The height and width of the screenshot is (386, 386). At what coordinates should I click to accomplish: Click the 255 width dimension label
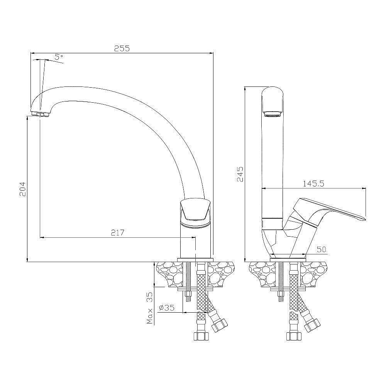tap(122, 48)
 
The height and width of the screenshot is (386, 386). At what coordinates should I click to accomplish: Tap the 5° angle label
tap(59, 57)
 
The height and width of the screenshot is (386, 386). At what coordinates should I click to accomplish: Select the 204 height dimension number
tap(22, 189)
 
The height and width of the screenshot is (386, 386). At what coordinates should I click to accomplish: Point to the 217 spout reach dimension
tap(117, 232)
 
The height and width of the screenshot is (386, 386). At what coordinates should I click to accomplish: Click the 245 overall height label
tap(240, 174)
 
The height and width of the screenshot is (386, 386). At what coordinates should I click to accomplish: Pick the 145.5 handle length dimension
tap(313, 184)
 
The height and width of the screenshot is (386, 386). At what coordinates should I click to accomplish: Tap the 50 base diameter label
tap(321, 250)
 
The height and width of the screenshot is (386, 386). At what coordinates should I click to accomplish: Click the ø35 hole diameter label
tap(167, 308)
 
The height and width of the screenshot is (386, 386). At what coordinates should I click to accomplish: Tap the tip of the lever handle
tap(365, 219)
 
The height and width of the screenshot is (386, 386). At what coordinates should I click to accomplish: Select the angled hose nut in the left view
tap(220, 325)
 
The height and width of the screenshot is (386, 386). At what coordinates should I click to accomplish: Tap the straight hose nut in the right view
tap(293, 336)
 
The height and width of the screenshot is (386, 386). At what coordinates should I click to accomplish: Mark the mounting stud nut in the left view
tap(188, 295)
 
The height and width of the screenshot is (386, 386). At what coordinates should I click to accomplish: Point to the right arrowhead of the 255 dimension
tap(211, 53)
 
